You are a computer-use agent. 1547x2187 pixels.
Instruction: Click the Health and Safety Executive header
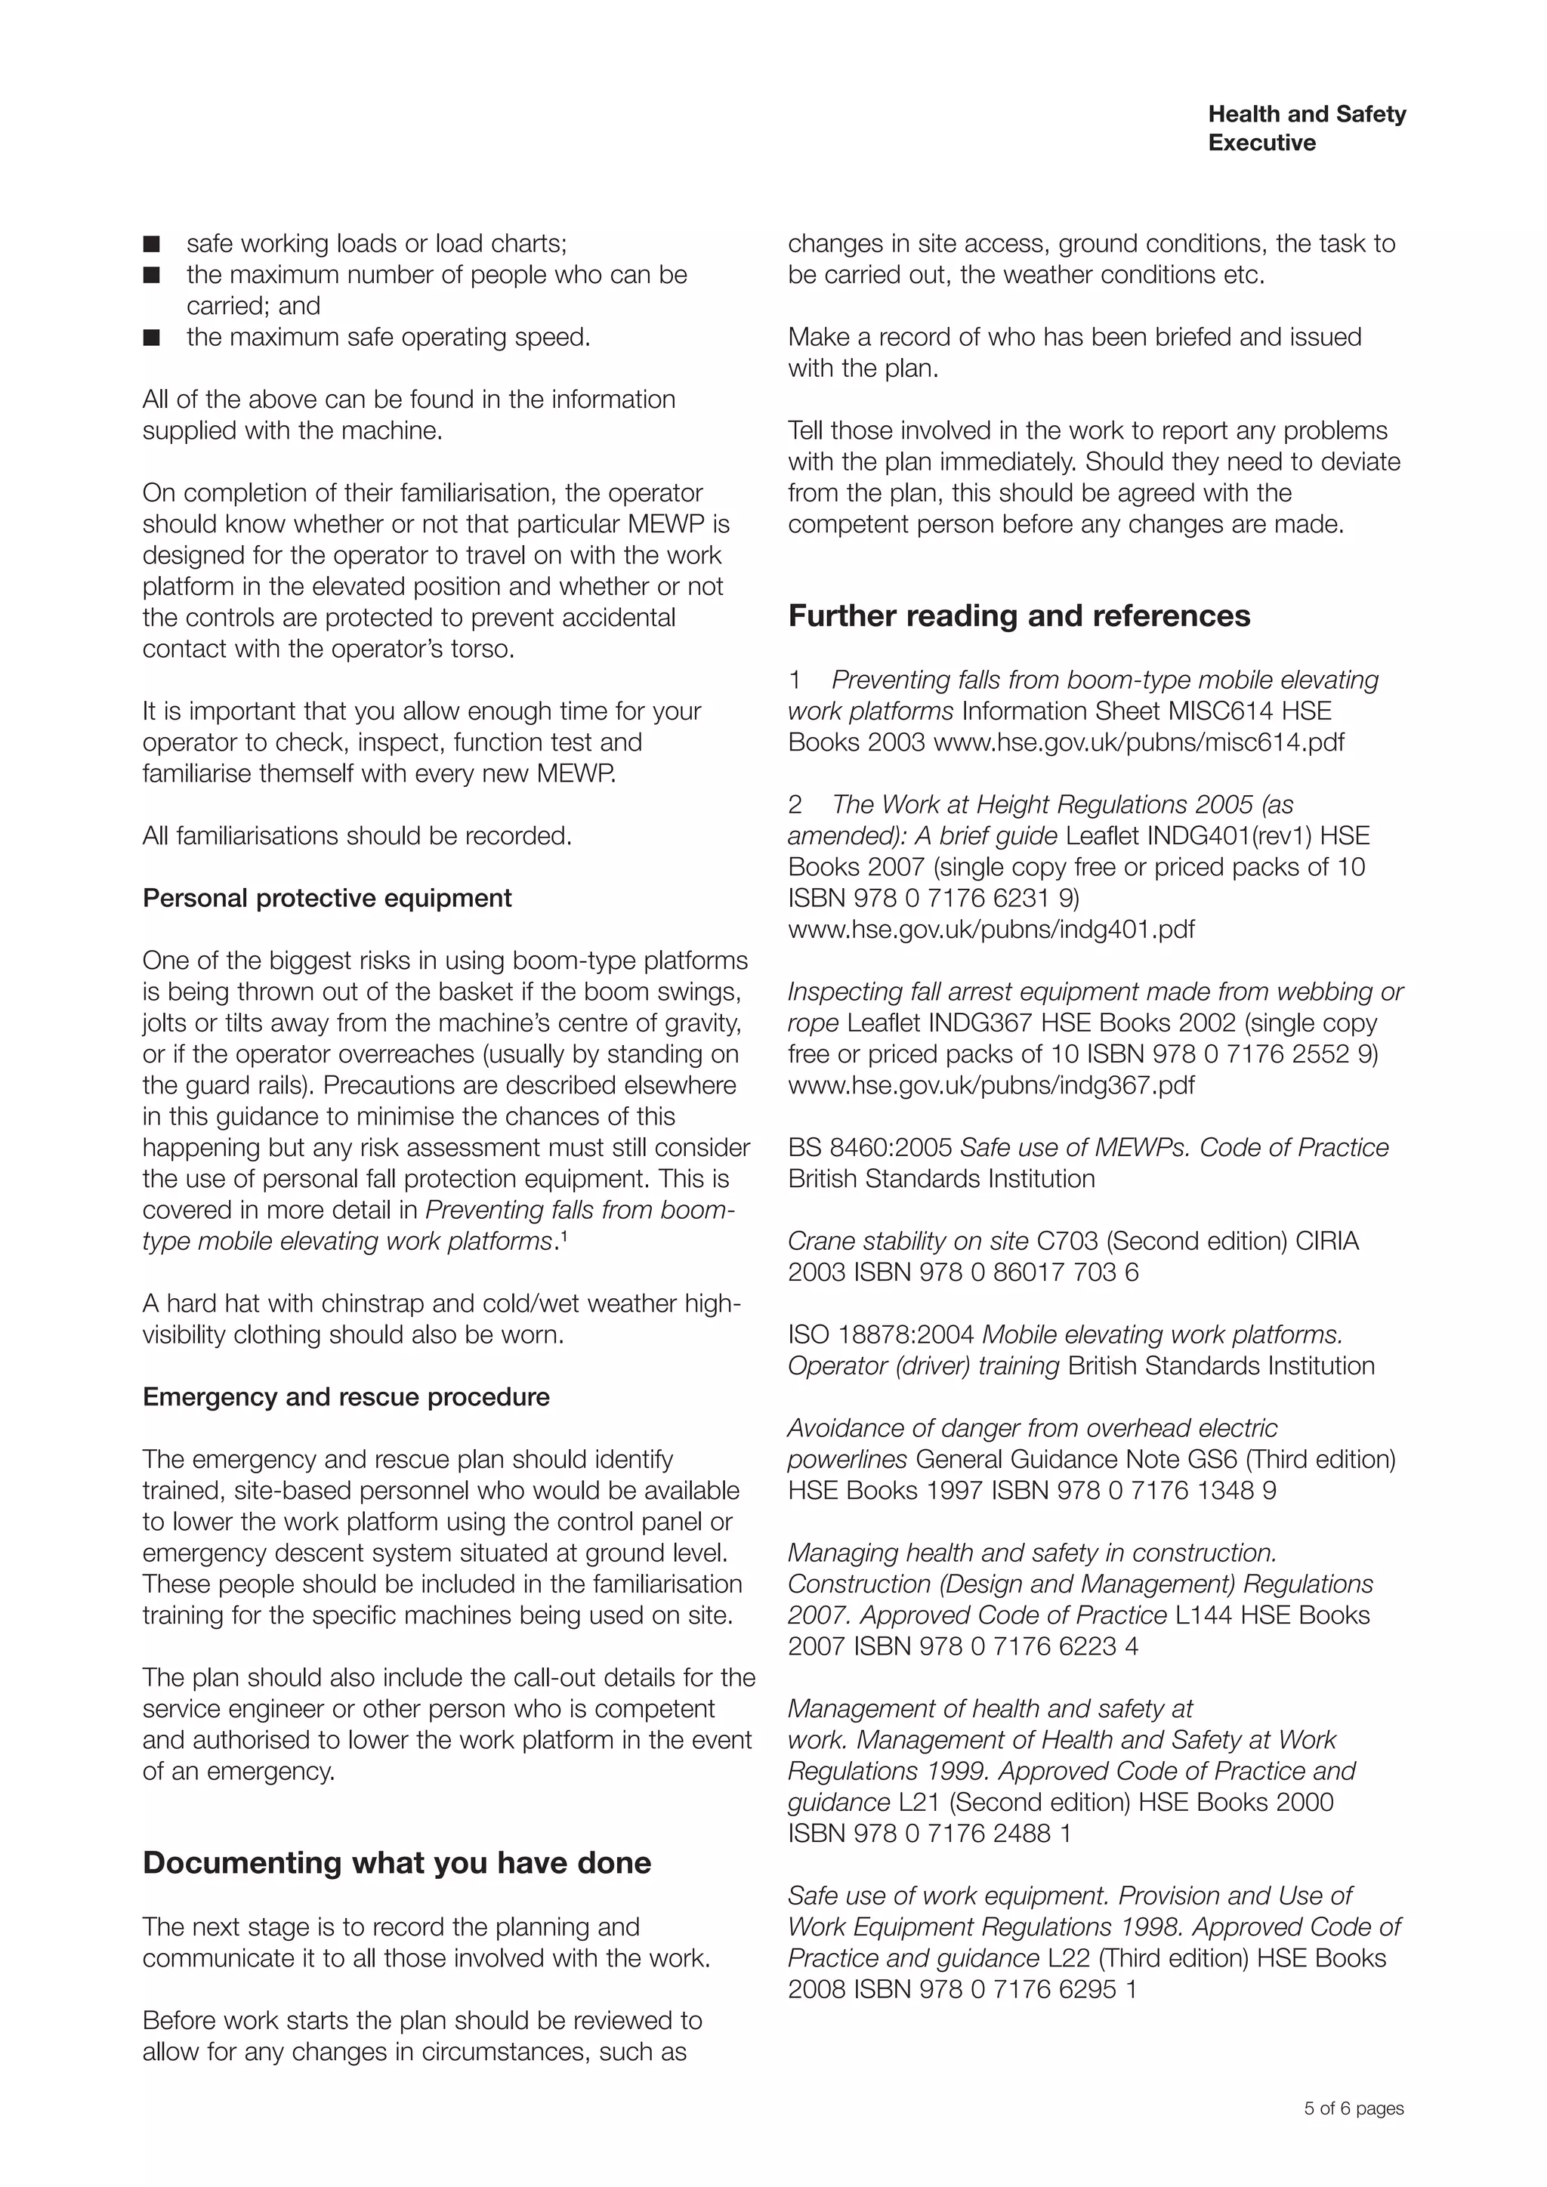[1306, 128]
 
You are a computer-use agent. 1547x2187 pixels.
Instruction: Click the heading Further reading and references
[1018, 616]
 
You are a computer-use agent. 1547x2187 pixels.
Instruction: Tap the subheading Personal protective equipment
[327, 898]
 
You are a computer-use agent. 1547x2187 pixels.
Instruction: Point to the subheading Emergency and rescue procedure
[346, 1397]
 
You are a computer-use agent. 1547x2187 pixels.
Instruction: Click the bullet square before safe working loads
[152, 245]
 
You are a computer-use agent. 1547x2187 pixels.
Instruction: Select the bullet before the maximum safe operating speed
[152, 338]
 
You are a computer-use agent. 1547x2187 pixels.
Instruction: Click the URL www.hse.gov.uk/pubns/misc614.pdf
[1138, 743]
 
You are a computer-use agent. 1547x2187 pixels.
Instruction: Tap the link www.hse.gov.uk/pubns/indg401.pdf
[991, 930]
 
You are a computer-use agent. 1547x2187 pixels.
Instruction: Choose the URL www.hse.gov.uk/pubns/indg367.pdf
[991, 1086]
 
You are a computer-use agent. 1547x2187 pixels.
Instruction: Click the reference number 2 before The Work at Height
[795, 805]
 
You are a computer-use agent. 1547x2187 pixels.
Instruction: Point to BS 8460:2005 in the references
[869, 1148]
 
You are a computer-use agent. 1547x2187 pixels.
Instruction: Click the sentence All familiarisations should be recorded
[357, 836]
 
